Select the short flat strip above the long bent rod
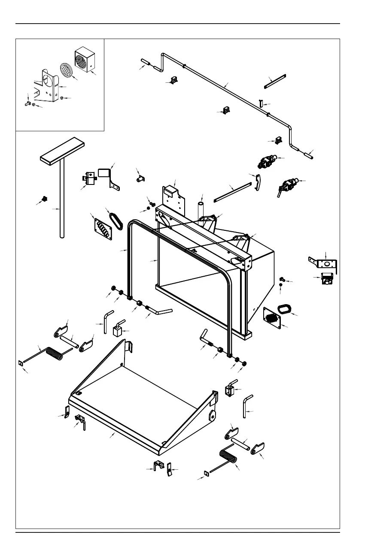point(274,82)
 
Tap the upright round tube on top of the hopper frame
point(200,210)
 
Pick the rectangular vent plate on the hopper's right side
point(272,318)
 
